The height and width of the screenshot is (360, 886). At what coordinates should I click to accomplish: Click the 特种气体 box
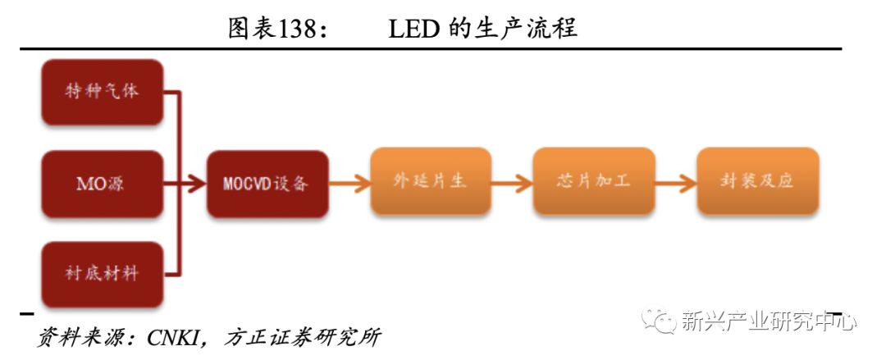pos(103,90)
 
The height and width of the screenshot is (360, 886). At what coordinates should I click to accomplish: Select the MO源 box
pos(103,183)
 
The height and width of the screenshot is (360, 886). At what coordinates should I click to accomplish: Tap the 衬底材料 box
pos(103,274)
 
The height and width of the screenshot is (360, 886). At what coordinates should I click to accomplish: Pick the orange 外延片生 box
pos(430,181)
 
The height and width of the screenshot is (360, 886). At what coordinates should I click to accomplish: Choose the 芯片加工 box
pos(593,181)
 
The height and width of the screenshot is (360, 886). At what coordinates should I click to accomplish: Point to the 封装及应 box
pos(757,181)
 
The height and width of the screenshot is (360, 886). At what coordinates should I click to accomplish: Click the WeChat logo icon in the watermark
pos(659,319)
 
